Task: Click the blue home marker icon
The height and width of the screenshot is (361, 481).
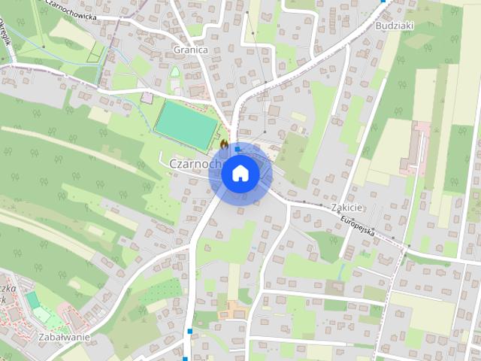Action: (x=240, y=174)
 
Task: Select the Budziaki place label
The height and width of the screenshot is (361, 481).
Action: (x=393, y=25)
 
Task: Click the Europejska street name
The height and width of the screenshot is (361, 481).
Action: (x=358, y=223)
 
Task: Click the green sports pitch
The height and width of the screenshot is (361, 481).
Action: (x=186, y=124)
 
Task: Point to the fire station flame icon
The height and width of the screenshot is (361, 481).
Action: (x=224, y=142)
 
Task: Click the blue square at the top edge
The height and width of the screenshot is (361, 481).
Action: (x=383, y=2)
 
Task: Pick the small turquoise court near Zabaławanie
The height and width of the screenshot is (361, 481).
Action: (x=33, y=300)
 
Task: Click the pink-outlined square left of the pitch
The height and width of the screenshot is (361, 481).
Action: (x=147, y=98)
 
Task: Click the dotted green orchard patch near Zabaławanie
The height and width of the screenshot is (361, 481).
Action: (x=160, y=290)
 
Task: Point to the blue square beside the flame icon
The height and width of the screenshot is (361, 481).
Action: (x=237, y=150)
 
